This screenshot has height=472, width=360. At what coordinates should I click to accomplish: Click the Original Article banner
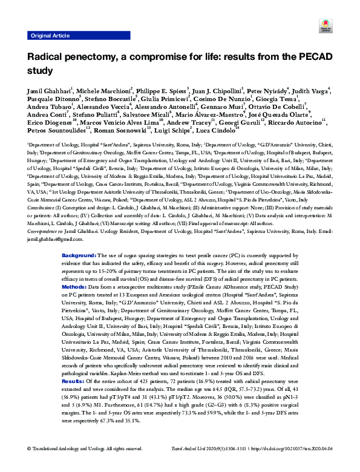pyautogui.click(x=50, y=36)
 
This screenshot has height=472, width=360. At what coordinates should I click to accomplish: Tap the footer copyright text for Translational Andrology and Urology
pyautogui.click(x=85, y=464)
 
